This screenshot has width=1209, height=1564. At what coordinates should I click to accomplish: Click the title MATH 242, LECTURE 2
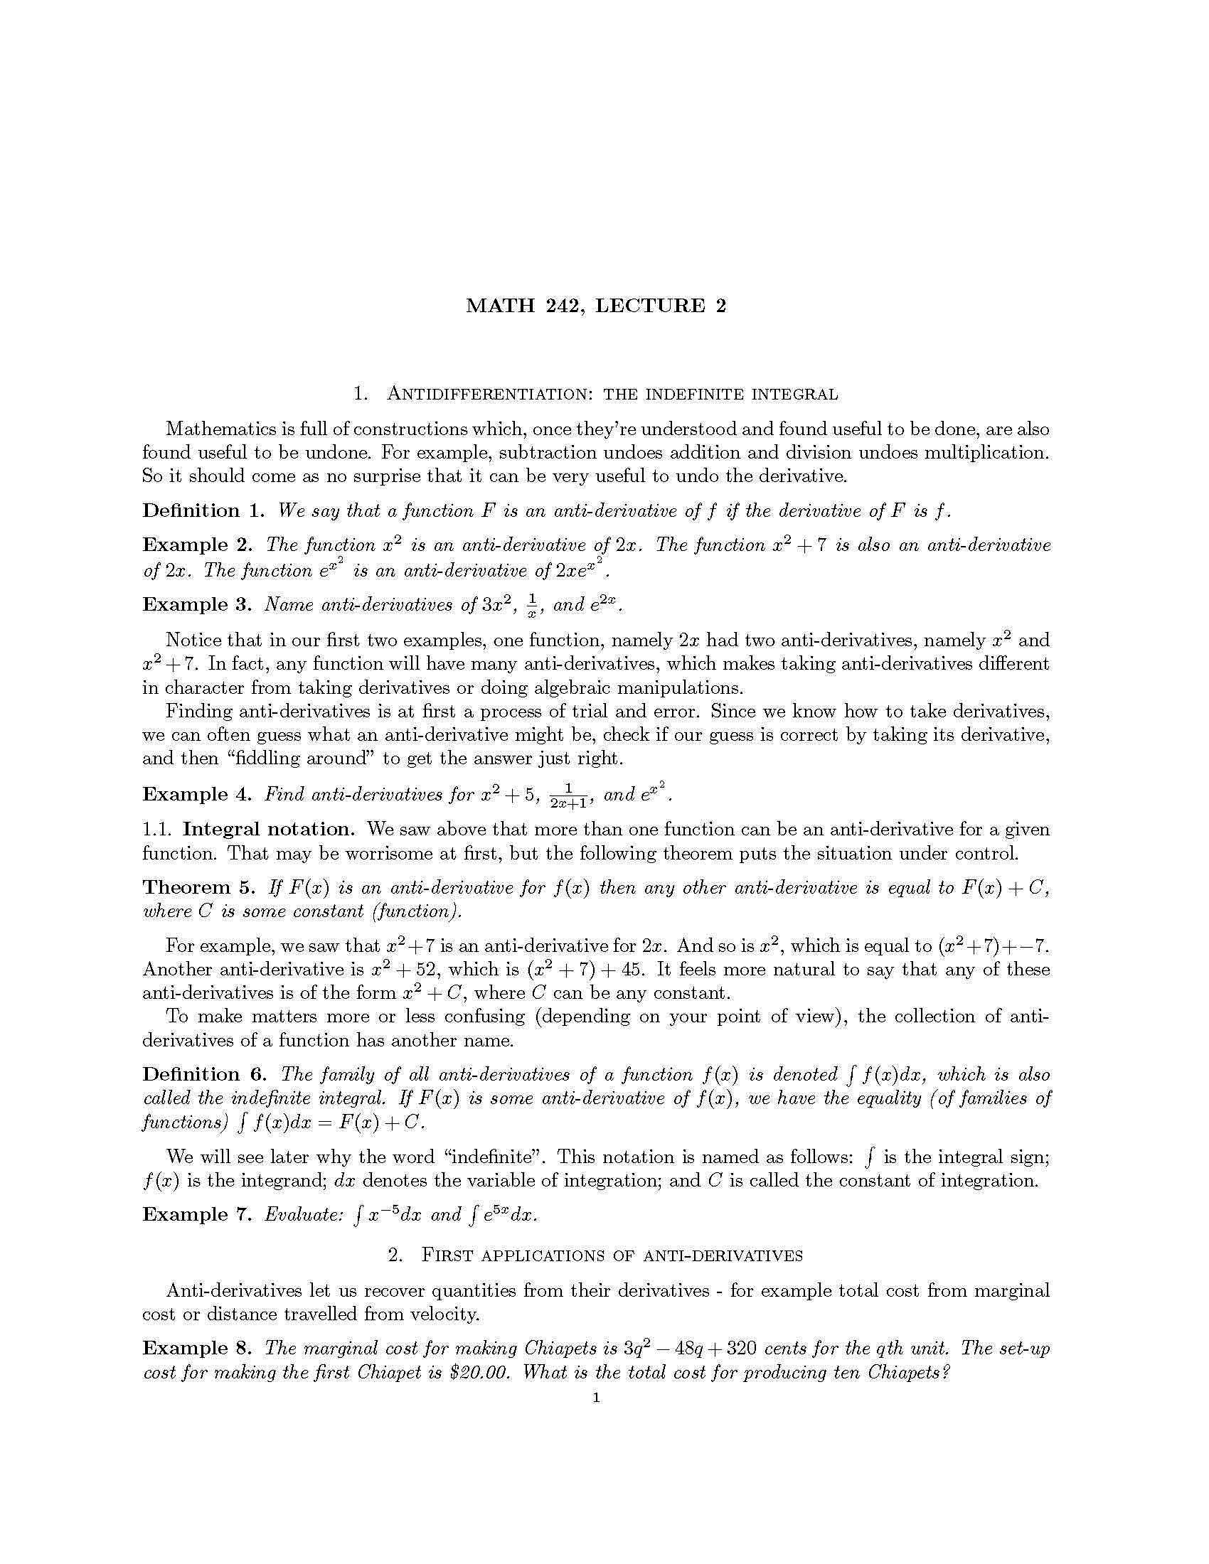[x=596, y=306]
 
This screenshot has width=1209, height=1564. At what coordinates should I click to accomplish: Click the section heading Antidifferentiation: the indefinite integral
[x=596, y=394]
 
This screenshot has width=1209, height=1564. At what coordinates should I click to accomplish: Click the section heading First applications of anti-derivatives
[x=596, y=1255]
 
